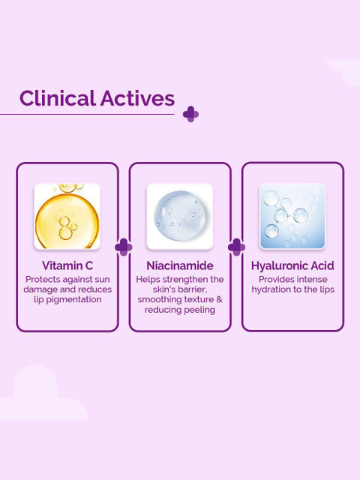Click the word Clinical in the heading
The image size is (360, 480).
pos(58,98)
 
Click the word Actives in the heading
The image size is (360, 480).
pos(137,98)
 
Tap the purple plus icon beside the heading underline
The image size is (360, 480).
pos(190,114)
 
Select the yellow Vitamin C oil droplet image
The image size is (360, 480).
pos(67,216)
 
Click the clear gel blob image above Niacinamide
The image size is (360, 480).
pos(180,216)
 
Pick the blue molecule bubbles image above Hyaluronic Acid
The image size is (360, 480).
pos(292,216)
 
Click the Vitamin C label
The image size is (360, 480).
pos(67,265)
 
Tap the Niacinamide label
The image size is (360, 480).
pos(180,265)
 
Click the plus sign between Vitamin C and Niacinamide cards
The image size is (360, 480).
pos(124,247)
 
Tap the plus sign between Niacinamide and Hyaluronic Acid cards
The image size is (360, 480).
pos(237,247)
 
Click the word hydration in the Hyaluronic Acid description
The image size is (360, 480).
pos(271,290)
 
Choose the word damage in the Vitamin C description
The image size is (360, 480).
pos(40,290)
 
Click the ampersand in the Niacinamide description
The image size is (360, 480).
pos(219,299)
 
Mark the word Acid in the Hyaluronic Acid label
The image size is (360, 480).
pos(322,265)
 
